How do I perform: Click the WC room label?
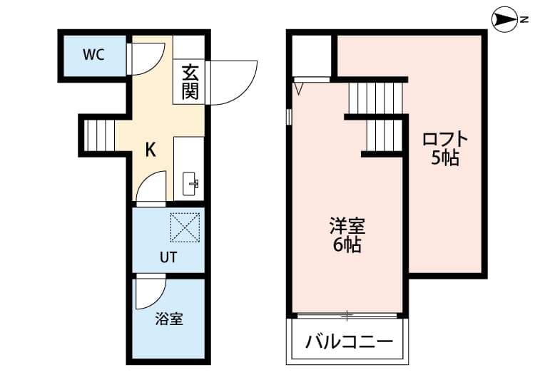coord(94,55)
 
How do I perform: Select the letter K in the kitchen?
coord(151,149)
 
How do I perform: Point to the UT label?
coord(168,257)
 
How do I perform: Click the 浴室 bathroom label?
coord(169,319)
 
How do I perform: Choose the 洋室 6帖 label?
coord(347,236)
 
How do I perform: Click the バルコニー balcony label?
coord(350,341)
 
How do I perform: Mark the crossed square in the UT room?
coord(185,228)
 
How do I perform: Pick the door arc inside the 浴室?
coord(151,291)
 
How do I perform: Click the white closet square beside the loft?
coord(312,53)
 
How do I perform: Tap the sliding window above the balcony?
coord(347,314)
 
